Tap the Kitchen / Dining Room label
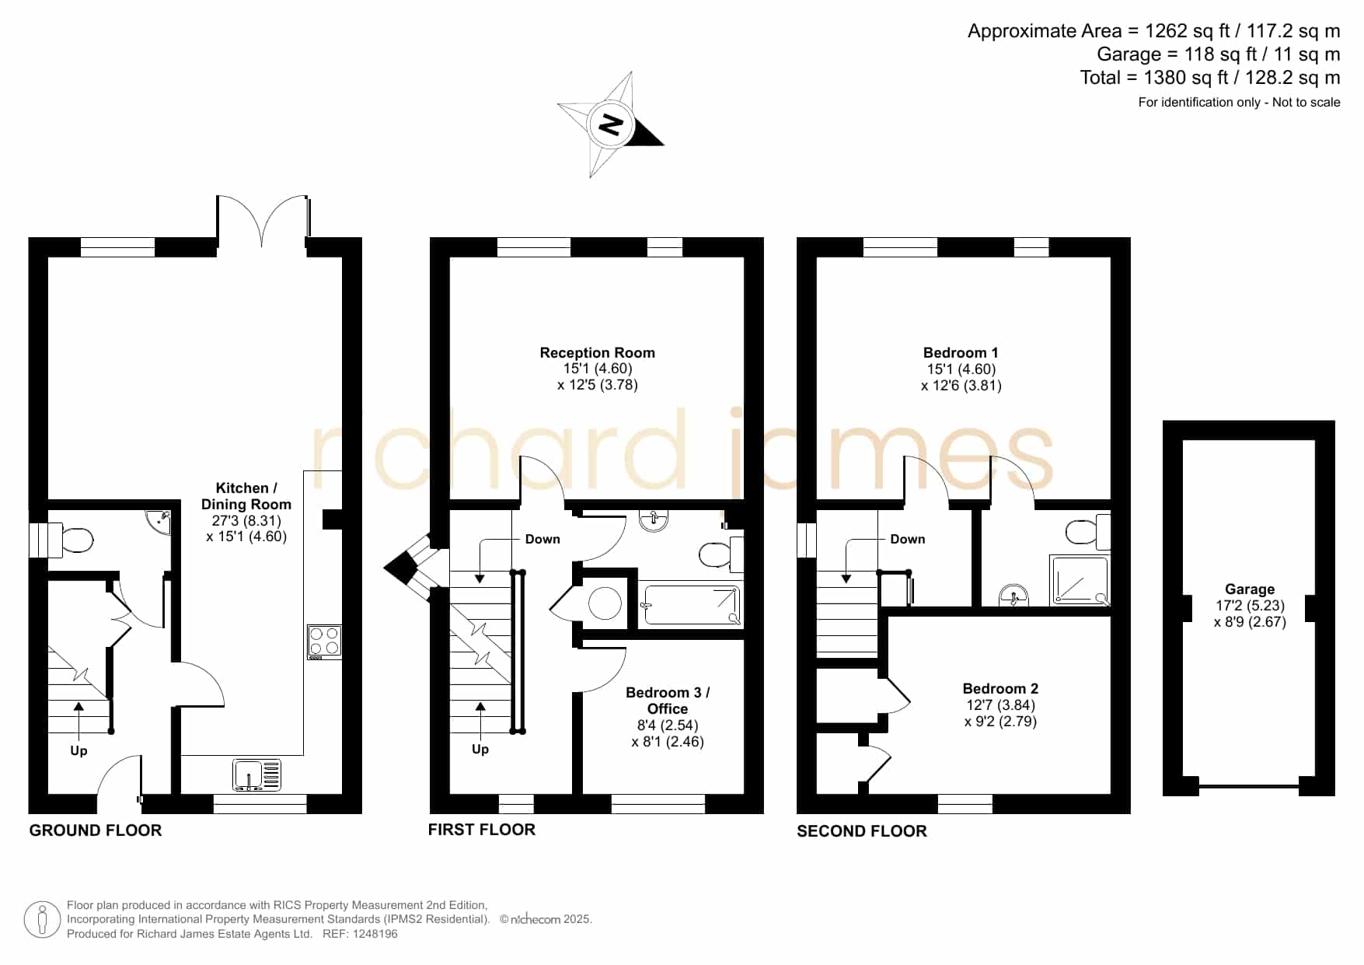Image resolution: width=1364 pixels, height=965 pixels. pos(246,495)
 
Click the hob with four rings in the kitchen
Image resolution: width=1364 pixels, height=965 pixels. pos(324,642)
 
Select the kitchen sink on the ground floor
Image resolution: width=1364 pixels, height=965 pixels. pos(256,774)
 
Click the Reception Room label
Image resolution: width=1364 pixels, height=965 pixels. pos(597,352)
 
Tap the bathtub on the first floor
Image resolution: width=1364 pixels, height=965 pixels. pos(690,606)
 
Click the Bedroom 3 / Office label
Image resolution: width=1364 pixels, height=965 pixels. pos(668,700)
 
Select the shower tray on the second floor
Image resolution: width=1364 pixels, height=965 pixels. pos(1080,580)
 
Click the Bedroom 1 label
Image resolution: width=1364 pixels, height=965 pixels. pos(961,352)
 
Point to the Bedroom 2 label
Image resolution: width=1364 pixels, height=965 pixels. pos(1000,688)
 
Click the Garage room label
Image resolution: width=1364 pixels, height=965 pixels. pos(1250,589)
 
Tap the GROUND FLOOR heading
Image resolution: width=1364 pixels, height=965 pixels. pos(96,830)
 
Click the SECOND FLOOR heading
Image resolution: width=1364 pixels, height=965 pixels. pos(862,830)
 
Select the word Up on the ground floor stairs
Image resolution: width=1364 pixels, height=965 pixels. pos(78,751)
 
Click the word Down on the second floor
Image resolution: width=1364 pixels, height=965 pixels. pos(907,539)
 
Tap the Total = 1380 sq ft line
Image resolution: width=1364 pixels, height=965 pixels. pos(1209,78)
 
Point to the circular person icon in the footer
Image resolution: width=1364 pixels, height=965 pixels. pos(42,920)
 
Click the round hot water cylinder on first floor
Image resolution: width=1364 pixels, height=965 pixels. pos(605,603)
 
